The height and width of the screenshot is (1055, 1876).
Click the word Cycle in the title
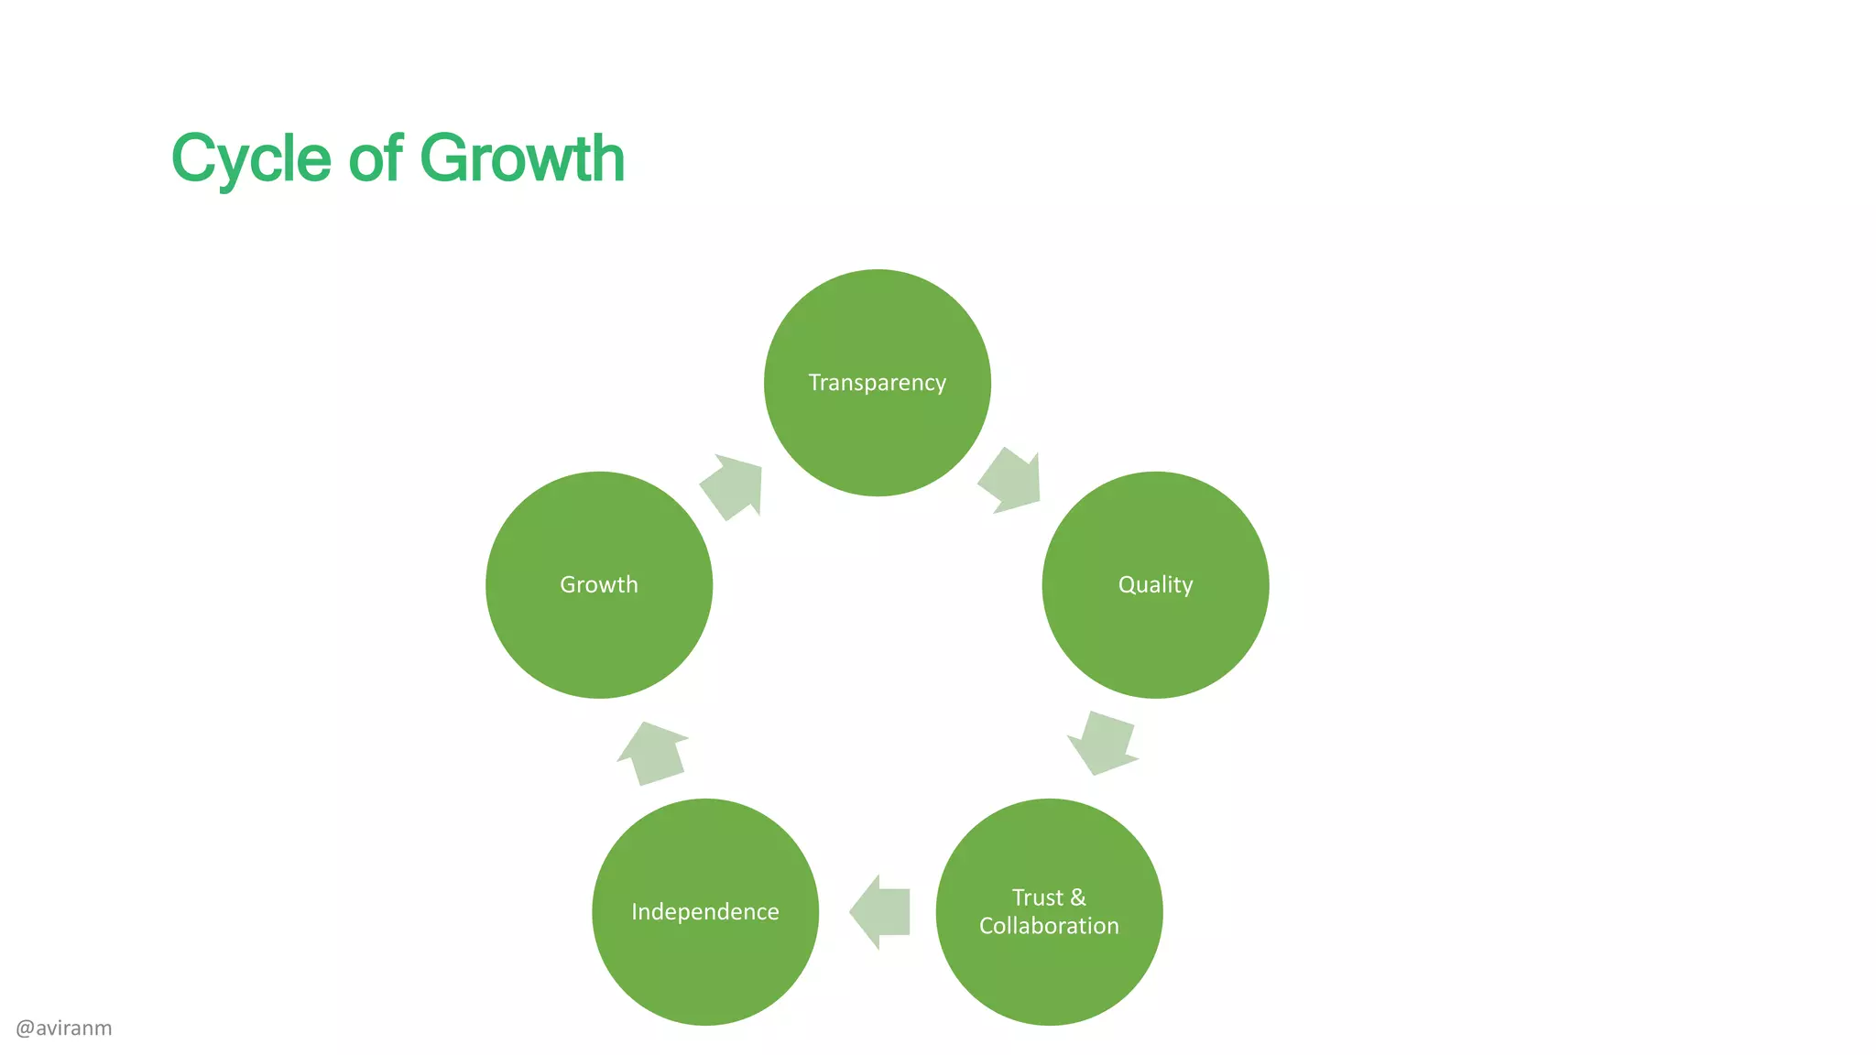(x=251, y=159)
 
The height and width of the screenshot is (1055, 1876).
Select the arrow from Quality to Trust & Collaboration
(x=1104, y=742)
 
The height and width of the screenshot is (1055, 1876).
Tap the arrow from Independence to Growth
(x=653, y=753)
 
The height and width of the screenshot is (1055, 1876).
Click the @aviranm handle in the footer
(x=64, y=1028)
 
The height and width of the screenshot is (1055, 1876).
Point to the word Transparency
(x=877, y=383)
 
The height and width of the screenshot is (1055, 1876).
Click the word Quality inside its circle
(x=1155, y=585)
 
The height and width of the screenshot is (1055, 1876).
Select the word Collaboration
(x=1049, y=926)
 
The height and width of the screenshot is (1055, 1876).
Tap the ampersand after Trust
(x=1078, y=897)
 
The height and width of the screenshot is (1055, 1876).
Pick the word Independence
(x=705, y=912)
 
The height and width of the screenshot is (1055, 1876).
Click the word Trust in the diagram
(x=1037, y=897)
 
